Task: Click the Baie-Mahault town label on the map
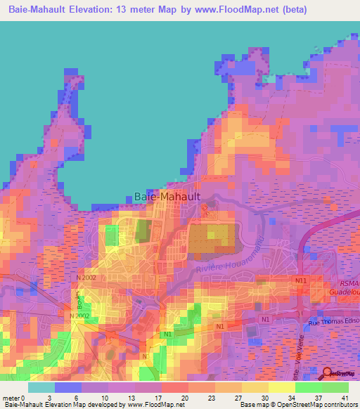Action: pos(167,197)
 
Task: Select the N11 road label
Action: pos(301,280)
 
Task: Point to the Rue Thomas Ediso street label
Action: pos(334,322)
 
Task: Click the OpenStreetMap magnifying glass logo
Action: pos(327,373)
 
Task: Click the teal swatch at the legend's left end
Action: pos(41,387)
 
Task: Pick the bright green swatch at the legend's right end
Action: pos(335,387)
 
